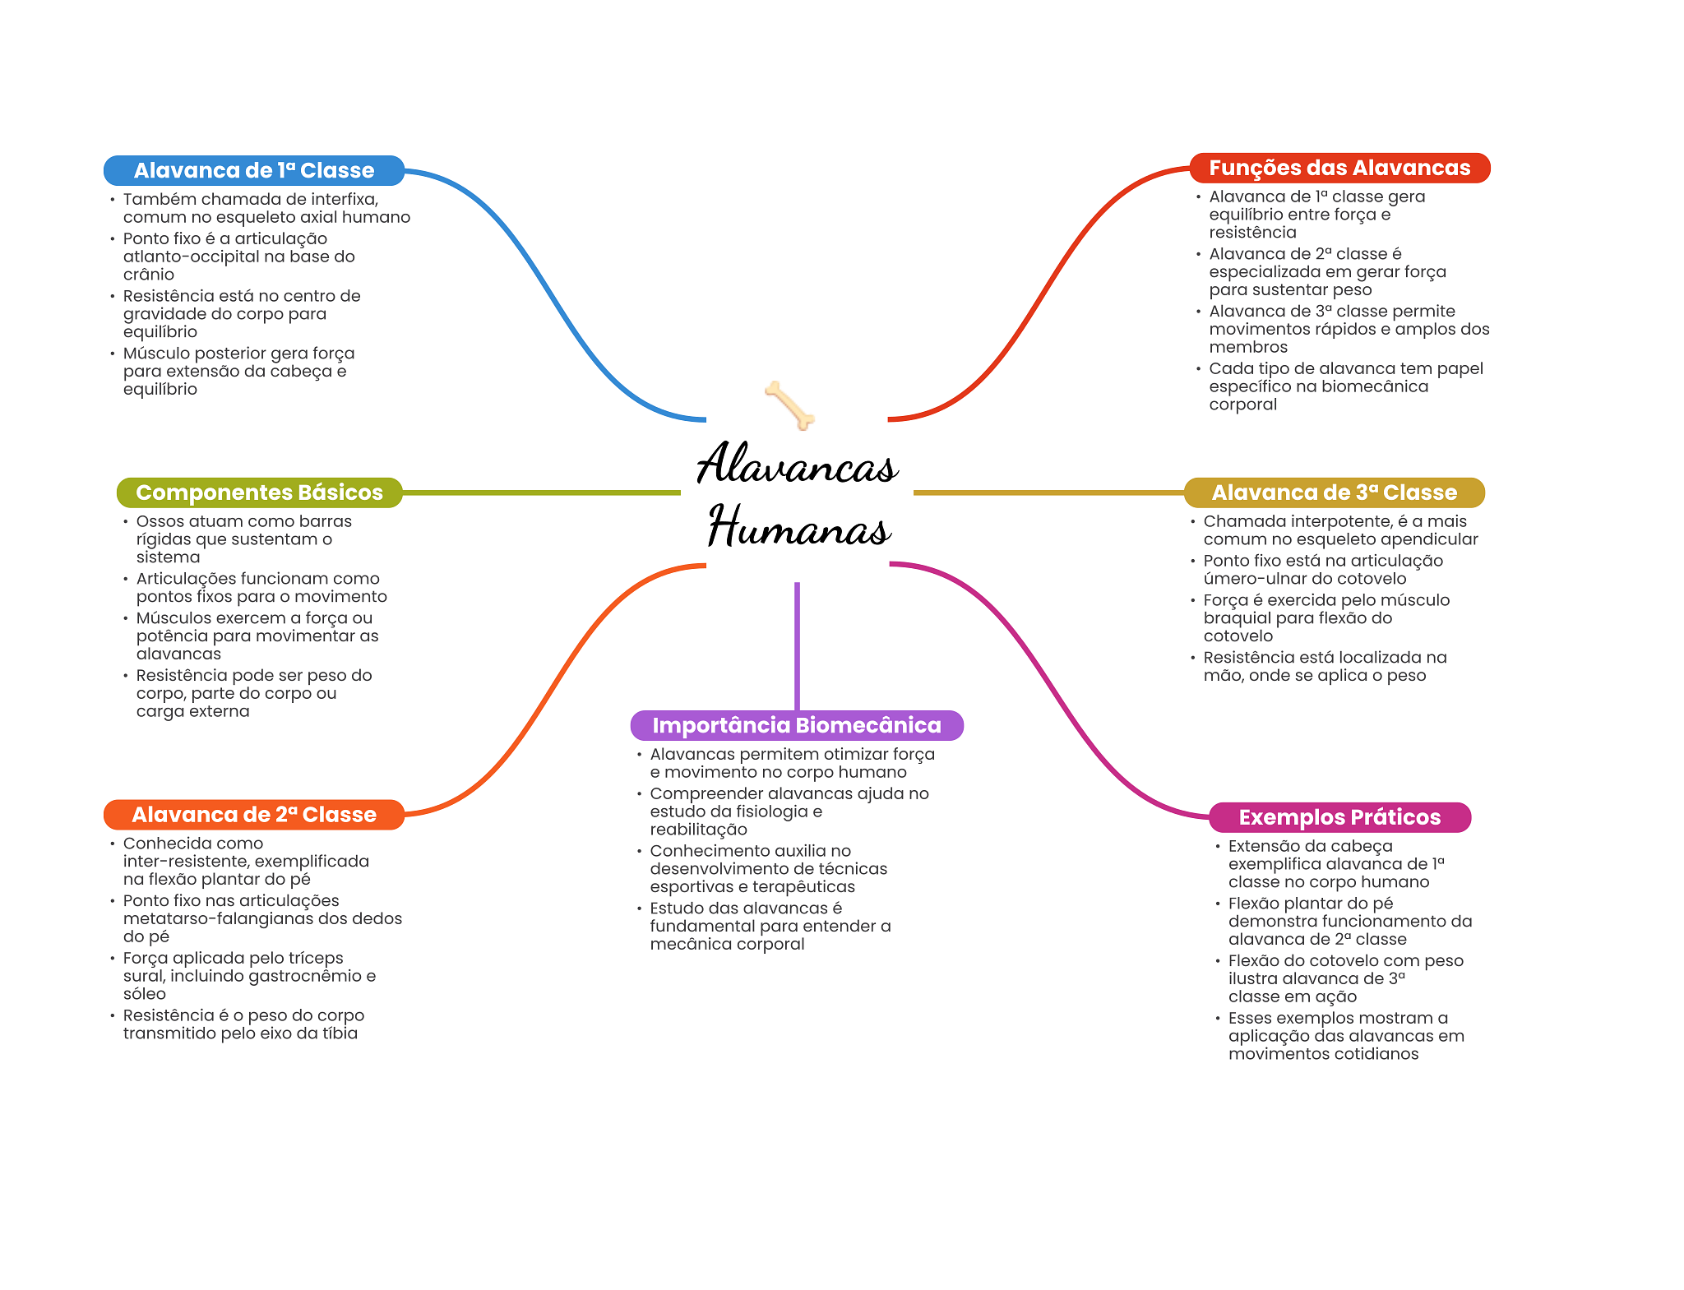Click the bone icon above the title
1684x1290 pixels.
789,405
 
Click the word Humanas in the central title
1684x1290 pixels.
799,526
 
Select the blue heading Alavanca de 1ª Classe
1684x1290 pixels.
254,170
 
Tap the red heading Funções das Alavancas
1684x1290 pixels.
1339,168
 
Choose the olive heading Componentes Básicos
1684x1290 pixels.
259,492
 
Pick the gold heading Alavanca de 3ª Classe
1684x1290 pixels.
1334,492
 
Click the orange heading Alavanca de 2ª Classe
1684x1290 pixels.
254,815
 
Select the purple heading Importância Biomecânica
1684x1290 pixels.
797,725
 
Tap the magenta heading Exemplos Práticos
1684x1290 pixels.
1339,817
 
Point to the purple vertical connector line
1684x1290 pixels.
797,646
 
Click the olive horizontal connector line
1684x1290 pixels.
541,492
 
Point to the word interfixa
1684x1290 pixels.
341,199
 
